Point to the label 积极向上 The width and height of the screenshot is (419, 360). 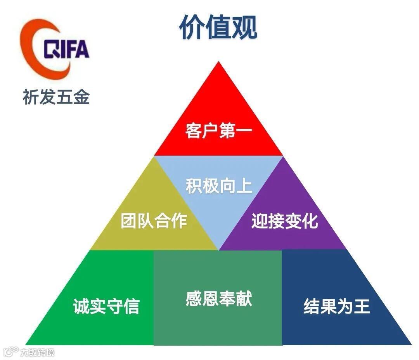coord(219,186)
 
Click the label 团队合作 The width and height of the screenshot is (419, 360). coord(154,221)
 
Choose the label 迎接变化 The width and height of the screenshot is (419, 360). coord(284,221)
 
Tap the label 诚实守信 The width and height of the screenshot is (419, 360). coord(106,306)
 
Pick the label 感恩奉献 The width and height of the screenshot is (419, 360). coord(219,299)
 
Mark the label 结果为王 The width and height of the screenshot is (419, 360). coord(336,306)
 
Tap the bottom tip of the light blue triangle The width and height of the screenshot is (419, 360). coord(219,249)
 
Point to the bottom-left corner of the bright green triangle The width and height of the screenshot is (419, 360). coord(26,344)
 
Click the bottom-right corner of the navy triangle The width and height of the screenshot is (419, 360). coord(411,344)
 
